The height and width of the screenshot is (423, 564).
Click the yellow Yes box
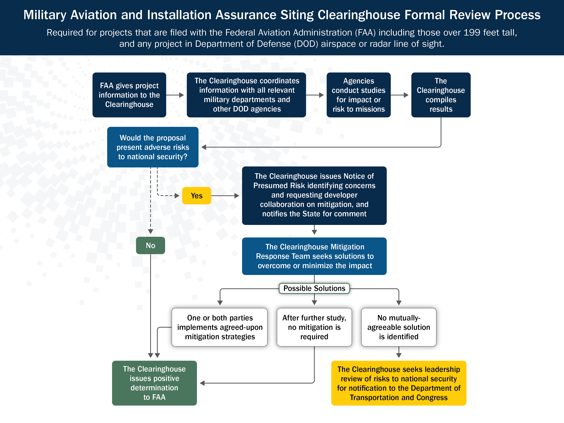click(197, 196)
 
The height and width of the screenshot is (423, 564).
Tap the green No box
click(150, 245)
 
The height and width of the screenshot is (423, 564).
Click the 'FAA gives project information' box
click(129, 95)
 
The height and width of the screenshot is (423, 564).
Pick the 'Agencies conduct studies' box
click(359, 95)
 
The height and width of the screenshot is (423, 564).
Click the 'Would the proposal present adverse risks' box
click(153, 147)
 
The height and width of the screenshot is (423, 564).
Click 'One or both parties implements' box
click(220, 327)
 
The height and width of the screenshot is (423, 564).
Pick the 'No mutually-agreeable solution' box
click(399, 327)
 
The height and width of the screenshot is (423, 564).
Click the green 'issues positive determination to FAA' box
click(154, 383)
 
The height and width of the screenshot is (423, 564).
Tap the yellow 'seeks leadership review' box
click(399, 383)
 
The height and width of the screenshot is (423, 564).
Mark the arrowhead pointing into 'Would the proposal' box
click(204, 147)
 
